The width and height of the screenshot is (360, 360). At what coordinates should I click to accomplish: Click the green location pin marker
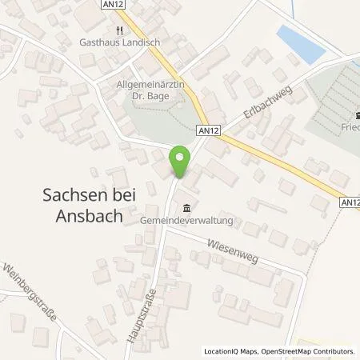[x=182, y=161]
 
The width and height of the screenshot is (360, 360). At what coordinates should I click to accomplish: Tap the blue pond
[x=300, y=42]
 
